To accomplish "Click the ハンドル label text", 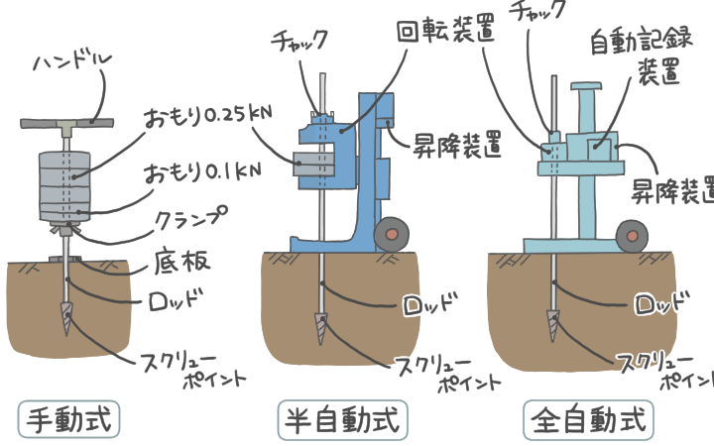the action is tap(72, 61).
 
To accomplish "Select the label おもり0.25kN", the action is tap(207, 116).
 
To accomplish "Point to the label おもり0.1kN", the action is tap(202, 172).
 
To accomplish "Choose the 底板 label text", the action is tap(181, 261).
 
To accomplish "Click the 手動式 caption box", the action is tap(68, 419).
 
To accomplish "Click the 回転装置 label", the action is tap(446, 32).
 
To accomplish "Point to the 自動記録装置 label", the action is tap(642, 56).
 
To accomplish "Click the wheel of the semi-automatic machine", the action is tap(392, 234).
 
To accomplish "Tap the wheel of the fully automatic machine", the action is tap(632, 236).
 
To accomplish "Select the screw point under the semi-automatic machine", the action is tap(321, 328).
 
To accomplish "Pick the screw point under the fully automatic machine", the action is tap(553, 326).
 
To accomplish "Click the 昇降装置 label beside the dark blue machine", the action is tap(457, 145).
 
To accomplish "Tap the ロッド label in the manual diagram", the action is tap(176, 299).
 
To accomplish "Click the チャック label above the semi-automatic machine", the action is tap(299, 40).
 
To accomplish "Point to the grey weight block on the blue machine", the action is tap(314, 165).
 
